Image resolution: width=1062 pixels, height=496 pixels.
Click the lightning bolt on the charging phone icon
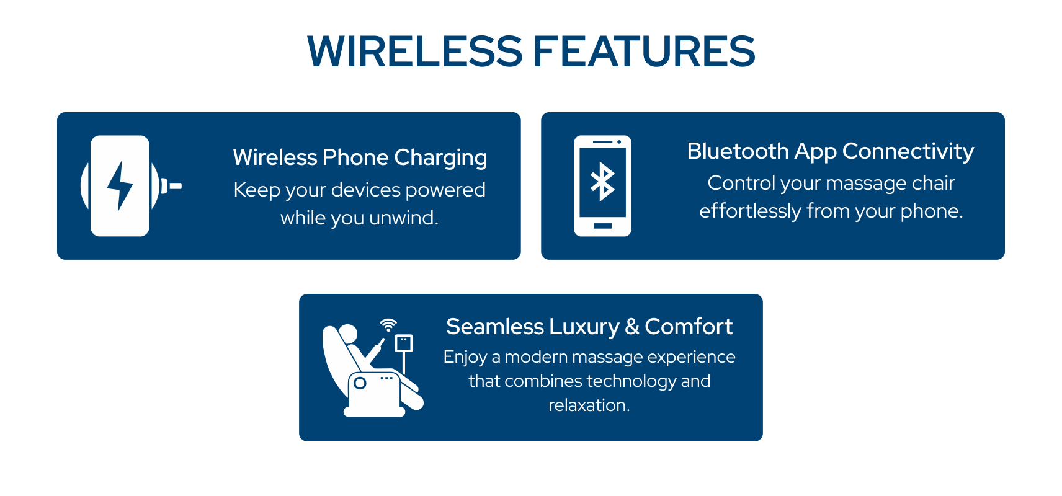120,185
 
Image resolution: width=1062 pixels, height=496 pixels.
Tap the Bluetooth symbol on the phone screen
602,182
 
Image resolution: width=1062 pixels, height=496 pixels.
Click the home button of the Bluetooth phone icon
602,226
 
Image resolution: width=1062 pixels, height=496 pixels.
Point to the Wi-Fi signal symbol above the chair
388,325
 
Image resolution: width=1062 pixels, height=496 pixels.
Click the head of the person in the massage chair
347,334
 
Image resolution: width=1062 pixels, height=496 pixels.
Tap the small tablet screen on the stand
404,343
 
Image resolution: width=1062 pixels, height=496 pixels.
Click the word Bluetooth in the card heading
738,151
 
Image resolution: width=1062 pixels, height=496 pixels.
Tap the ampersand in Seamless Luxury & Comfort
632,327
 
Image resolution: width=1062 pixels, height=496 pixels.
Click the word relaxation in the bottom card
589,405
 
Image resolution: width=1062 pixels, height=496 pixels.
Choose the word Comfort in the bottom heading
689,327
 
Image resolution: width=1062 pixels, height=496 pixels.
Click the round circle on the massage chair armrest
360,383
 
